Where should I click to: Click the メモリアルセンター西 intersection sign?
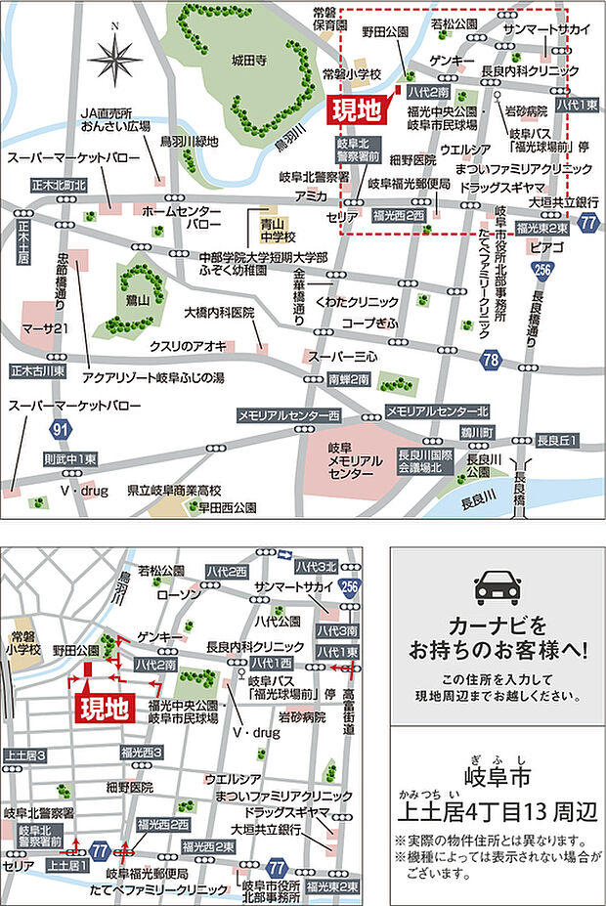(x=288, y=416)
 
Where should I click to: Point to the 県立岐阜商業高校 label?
(x=175, y=490)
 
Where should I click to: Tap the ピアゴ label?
(x=545, y=248)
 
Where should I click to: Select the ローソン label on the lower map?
(x=177, y=592)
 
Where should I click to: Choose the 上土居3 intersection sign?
(x=25, y=755)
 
